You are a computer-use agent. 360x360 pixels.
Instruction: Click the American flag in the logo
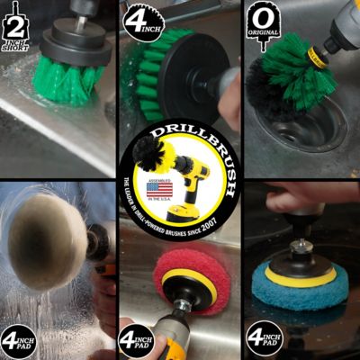pyautogui.click(x=151, y=191)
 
